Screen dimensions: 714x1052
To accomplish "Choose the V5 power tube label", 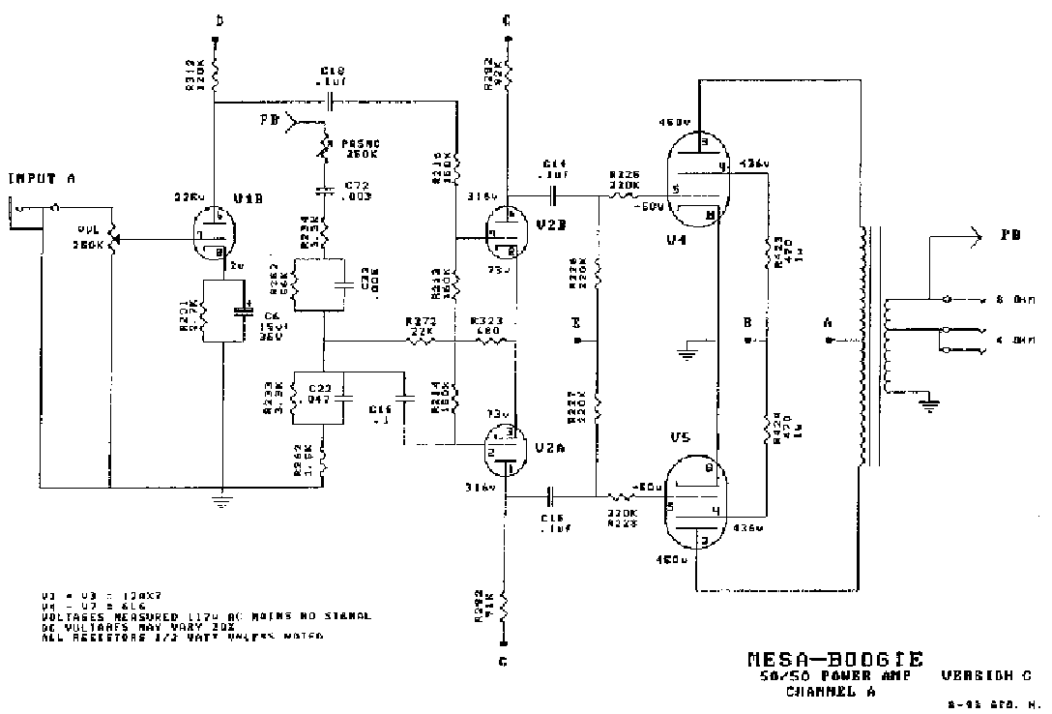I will (x=679, y=436).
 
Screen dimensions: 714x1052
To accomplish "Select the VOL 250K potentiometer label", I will (x=91, y=237).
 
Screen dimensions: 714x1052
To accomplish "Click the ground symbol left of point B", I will (x=687, y=350).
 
